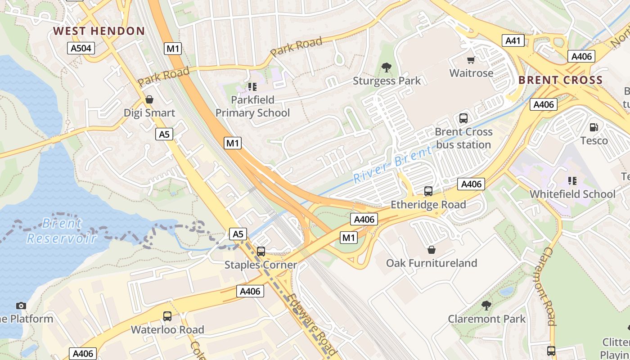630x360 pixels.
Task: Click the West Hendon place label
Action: coord(99,31)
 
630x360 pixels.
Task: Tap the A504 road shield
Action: coord(81,49)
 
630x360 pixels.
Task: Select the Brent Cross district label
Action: coord(560,81)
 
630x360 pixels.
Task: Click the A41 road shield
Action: coord(513,41)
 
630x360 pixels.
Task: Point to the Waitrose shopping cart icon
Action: coord(471,60)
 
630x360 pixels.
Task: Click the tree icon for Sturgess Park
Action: coord(386,68)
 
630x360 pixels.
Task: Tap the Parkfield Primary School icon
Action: coord(252,86)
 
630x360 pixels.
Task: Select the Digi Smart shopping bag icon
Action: coord(149,99)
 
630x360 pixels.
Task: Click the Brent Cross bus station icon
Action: coord(463,118)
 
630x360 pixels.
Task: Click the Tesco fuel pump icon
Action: coord(594,127)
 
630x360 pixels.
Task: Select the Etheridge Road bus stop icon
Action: coord(428,191)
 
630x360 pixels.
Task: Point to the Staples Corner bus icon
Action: coord(261,252)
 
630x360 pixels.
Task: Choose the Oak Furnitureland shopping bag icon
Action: coord(432,249)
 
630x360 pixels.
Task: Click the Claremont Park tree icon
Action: coord(486,306)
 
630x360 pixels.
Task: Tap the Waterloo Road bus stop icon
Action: coord(167,316)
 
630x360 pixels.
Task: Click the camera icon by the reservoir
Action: coord(21,306)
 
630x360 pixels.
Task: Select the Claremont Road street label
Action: coord(544,286)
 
